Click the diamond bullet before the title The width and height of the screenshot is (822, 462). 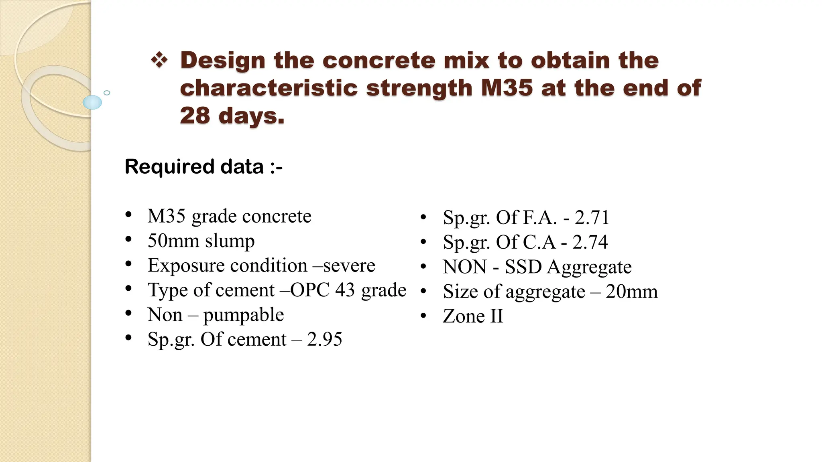[159, 61]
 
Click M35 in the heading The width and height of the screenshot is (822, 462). [507, 88]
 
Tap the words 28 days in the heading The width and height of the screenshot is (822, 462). [232, 115]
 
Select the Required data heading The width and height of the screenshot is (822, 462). [203, 166]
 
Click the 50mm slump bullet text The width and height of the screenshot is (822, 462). [201, 241]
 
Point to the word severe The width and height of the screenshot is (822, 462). [349, 265]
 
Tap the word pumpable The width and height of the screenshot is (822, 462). [243, 315]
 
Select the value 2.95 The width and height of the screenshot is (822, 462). [324, 339]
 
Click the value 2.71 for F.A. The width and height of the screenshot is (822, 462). [592, 217]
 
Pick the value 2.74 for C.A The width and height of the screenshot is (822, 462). [590, 242]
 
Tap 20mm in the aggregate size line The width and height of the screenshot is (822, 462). [631, 292]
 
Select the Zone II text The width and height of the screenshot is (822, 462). [473, 316]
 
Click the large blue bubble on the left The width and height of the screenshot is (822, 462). [92, 102]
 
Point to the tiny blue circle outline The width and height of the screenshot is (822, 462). [107, 93]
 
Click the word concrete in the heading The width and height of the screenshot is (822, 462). [378, 61]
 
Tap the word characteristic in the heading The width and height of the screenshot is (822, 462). [269, 88]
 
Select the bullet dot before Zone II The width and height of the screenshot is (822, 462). [423, 316]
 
